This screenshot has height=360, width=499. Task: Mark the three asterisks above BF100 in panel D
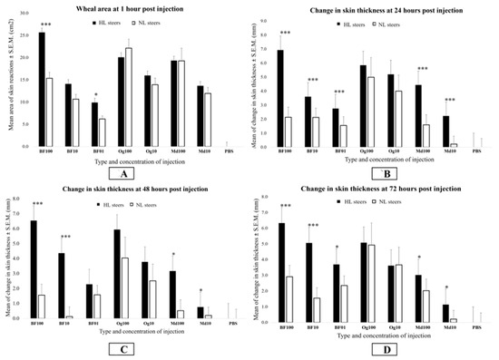(x=285, y=206)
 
